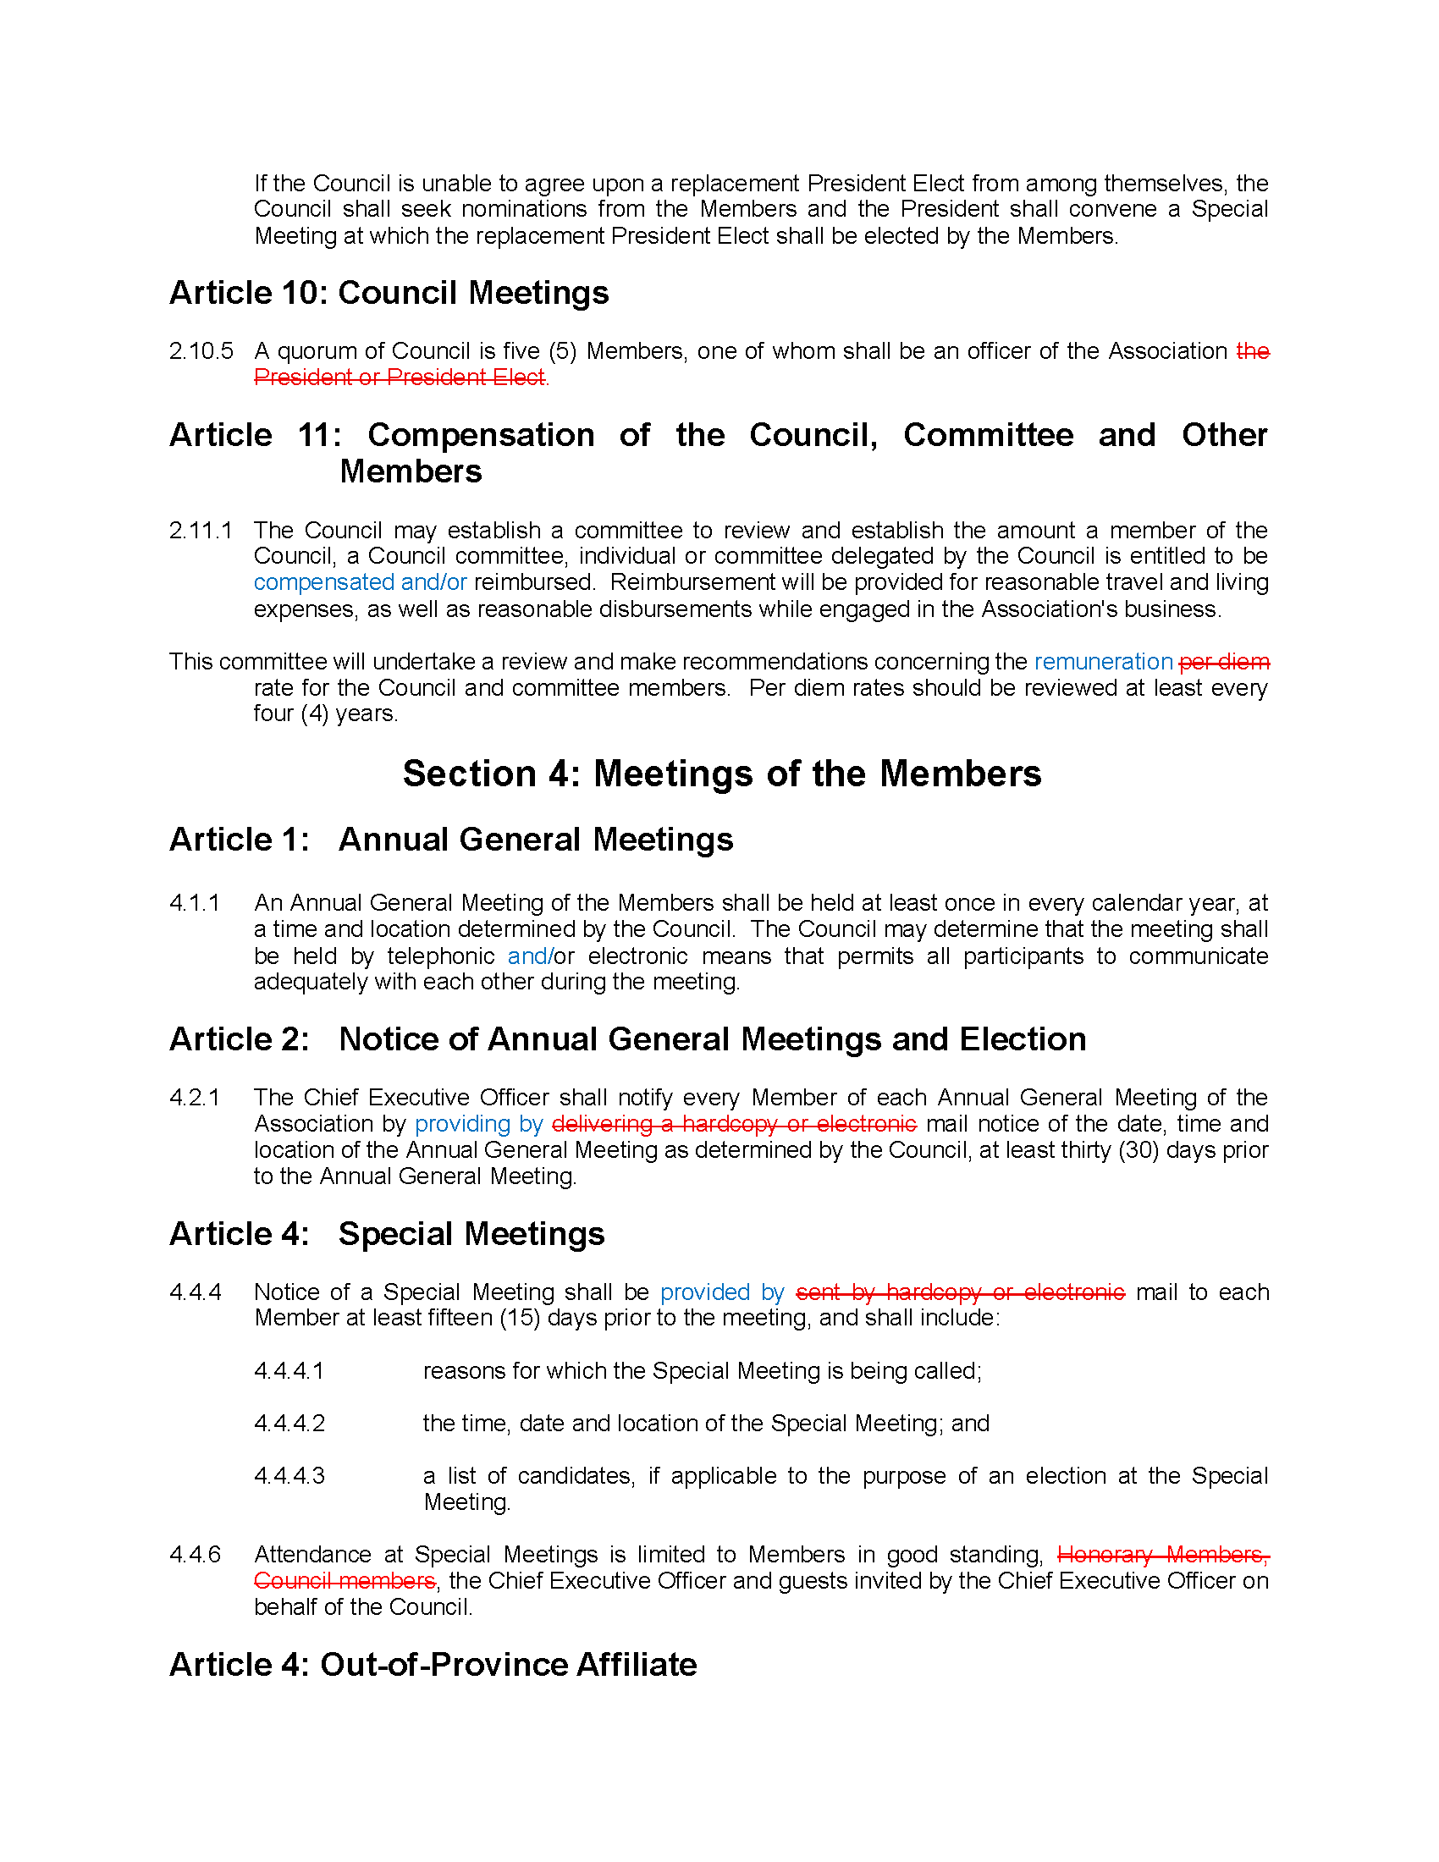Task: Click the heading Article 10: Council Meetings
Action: [x=389, y=293]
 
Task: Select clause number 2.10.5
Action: [x=201, y=350]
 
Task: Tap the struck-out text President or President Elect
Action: [x=399, y=377]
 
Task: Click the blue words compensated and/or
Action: [x=360, y=582]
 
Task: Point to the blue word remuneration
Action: [x=1103, y=662]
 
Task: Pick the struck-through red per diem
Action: [x=1223, y=662]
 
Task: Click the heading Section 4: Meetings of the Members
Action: [x=721, y=774]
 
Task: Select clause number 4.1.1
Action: [x=195, y=902]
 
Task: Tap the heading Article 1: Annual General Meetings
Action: [x=451, y=840]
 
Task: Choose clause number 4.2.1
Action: [x=195, y=1097]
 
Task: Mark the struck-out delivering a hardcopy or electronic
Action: [x=734, y=1124]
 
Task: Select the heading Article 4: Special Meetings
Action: [x=387, y=1234]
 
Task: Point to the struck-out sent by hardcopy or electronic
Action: [x=960, y=1292]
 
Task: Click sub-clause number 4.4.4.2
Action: [x=289, y=1423]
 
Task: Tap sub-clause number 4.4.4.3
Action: [x=289, y=1476]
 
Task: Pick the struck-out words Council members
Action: [x=345, y=1581]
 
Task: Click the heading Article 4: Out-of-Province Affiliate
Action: [x=433, y=1664]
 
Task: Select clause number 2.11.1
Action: [x=201, y=531]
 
